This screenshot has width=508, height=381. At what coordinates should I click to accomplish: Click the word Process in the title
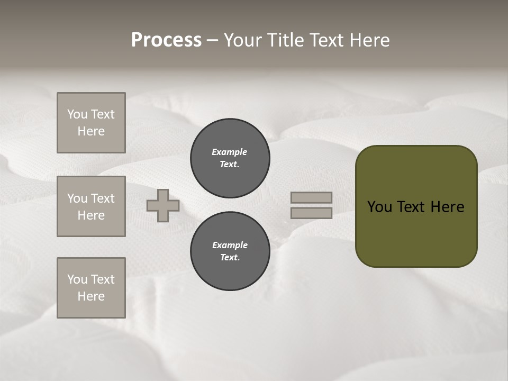166,40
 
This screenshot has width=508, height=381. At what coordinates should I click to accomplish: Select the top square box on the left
91,123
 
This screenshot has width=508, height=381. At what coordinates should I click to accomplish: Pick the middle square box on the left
91,206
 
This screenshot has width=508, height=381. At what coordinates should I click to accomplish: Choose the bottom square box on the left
91,288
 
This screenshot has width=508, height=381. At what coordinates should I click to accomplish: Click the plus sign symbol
163,205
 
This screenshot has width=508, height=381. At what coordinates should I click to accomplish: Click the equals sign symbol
311,205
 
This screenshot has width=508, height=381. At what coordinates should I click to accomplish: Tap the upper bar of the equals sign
311,197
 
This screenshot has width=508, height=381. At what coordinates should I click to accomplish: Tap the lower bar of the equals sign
311,213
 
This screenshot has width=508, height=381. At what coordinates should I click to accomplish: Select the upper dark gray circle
230,158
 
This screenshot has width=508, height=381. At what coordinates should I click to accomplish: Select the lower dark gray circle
230,251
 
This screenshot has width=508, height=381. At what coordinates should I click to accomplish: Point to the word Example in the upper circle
230,152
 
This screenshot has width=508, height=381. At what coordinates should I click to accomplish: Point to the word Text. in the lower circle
230,258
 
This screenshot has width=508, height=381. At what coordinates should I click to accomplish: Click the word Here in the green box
447,207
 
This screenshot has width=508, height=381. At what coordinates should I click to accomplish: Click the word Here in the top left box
91,131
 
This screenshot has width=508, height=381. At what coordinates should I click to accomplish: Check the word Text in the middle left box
103,198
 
